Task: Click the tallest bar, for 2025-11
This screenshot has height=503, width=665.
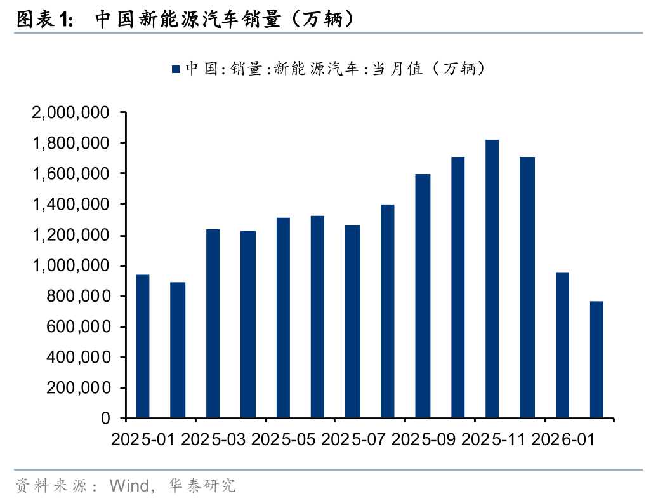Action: tap(492, 279)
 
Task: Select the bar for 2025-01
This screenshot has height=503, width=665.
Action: tap(143, 346)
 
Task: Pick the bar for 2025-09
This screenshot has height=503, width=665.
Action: tap(422, 296)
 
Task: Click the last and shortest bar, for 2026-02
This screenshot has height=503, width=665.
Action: tap(596, 359)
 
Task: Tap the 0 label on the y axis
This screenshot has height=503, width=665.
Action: tap(105, 419)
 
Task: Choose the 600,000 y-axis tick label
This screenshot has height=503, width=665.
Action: tap(75, 327)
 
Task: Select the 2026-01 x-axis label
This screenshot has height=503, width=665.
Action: tap(562, 439)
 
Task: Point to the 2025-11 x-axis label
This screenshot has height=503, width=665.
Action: tap(492, 439)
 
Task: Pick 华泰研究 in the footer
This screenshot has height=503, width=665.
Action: tap(202, 486)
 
